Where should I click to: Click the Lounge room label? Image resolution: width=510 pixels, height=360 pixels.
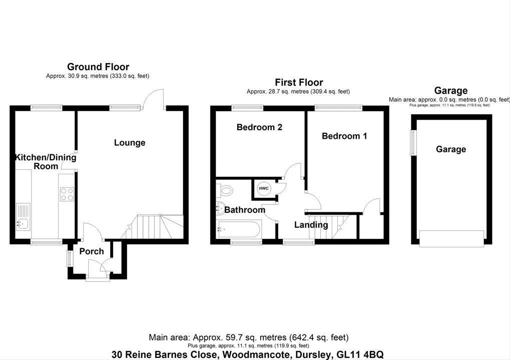pyautogui.click(x=130, y=143)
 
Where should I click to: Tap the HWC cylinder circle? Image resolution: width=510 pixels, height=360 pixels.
pyautogui.click(x=264, y=188)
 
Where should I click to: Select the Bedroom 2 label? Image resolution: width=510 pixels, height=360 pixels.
pyautogui.click(x=259, y=127)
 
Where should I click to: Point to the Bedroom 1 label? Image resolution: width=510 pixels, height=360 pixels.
pyautogui.click(x=344, y=136)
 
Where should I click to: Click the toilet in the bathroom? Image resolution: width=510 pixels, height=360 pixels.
pyautogui.click(x=225, y=190)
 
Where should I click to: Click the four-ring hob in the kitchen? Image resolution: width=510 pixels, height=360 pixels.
pyautogui.click(x=67, y=194)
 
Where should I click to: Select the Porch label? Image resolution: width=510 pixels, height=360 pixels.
pyautogui.click(x=92, y=251)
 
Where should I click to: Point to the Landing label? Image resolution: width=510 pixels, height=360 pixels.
pyautogui.click(x=311, y=225)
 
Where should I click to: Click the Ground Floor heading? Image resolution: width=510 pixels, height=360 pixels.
pyautogui.click(x=98, y=67)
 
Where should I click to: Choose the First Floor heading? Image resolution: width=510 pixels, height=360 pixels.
pyautogui.click(x=299, y=82)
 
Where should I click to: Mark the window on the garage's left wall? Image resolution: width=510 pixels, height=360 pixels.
pyautogui.click(x=413, y=142)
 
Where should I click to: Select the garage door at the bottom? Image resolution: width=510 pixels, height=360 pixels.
pyautogui.click(x=451, y=238)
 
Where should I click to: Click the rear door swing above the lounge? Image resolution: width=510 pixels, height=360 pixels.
pyautogui.click(x=154, y=98)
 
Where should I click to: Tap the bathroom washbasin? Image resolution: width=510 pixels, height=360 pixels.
pyautogui.click(x=220, y=206)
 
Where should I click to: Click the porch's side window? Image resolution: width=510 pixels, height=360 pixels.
pyautogui.click(x=70, y=258)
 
